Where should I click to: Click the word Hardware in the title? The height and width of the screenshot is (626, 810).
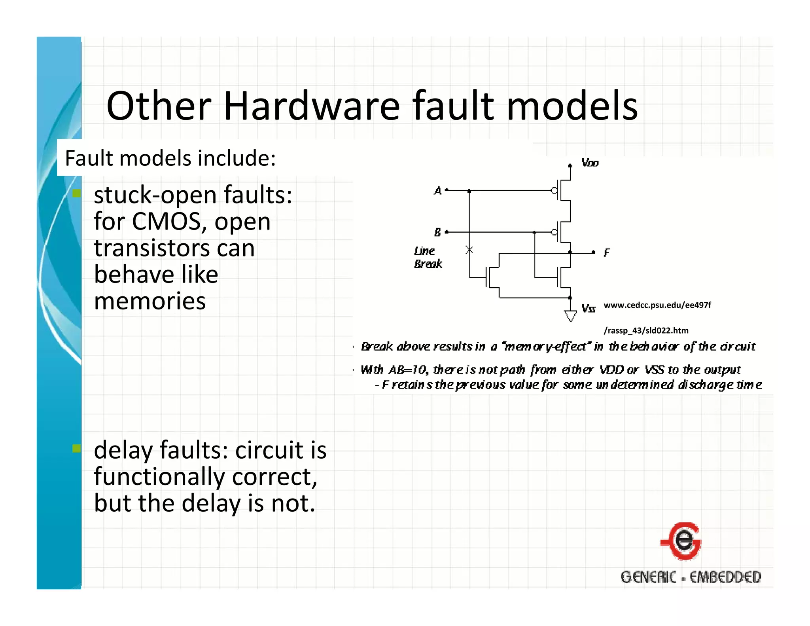tap(312, 106)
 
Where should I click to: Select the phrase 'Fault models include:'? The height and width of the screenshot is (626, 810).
tap(170, 158)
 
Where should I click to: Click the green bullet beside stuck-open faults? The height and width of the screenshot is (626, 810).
tap(76, 193)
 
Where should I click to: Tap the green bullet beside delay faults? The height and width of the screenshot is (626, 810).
tap(76, 448)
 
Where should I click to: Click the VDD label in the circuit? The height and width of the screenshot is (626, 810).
tap(590, 163)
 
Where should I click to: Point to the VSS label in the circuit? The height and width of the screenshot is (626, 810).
tap(588, 309)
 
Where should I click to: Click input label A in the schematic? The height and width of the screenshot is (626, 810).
tap(437, 191)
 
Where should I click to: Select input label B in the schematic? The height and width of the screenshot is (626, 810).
tap(437, 232)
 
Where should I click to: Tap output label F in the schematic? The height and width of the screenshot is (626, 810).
tap(607, 252)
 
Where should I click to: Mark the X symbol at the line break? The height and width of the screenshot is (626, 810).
tap(469, 250)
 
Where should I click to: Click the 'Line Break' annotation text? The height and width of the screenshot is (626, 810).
tap(427, 257)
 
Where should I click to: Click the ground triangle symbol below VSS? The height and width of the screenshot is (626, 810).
tap(570, 316)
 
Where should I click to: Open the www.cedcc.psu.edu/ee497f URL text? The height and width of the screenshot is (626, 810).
tap(657, 305)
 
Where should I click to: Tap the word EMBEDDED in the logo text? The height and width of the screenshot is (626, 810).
tap(725, 577)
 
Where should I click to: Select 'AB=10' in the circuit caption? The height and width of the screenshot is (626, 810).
tap(407, 370)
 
